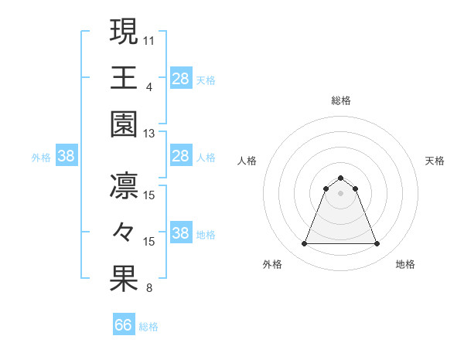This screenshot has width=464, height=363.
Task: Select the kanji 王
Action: click(x=124, y=77)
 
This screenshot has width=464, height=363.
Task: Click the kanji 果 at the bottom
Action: click(x=124, y=279)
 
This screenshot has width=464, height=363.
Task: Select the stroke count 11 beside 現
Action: click(x=149, y=39)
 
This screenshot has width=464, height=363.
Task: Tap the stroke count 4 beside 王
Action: click(x=149, y=87)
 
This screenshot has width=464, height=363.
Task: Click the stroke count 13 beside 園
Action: click(x=149, y=134)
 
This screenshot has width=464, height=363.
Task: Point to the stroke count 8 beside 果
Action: click(x=149, y=289)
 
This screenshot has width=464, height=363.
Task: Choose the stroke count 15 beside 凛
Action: click(x=149, y=195)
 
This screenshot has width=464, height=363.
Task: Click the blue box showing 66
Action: click(x=124, y=325)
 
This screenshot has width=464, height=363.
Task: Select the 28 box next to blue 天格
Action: click(x=181, y=78)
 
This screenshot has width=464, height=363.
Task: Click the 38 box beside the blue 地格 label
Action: click(x=181, y=233)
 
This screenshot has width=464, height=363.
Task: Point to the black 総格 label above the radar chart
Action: click(x=340, y=100)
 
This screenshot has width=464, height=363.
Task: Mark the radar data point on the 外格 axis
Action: click(x=304, y=244)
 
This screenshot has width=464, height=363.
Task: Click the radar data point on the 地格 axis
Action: click(x=377, y=244)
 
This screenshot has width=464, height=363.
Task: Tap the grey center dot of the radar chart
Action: click(x=340, y=193)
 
